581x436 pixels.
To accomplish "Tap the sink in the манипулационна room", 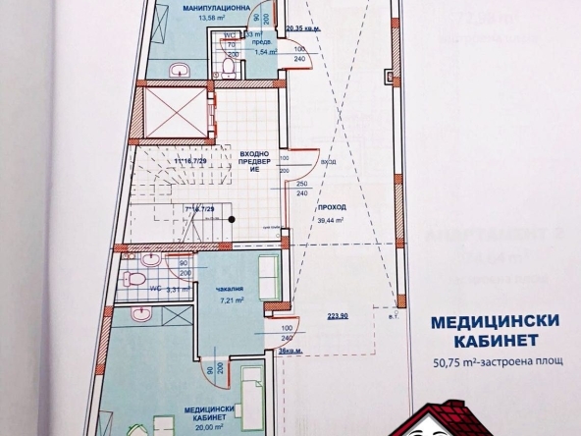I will coord(179,70).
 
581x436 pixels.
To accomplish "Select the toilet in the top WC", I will coord(227,67).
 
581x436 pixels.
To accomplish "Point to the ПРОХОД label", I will coord(332,209).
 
